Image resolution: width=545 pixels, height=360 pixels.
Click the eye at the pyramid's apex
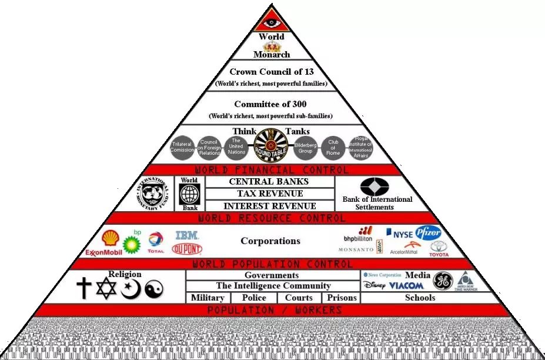(x=272, y=22)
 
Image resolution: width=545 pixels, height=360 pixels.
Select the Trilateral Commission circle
(x=182, y=146)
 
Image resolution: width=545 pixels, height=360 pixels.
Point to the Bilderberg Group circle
(x=305, y=146)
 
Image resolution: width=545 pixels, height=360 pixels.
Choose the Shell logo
(x=111, y=238)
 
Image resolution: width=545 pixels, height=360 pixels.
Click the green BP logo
(x=133, y=241)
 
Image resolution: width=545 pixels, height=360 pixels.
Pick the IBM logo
(x=186, y=235)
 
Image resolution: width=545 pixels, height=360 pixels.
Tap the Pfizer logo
(x=428, y=232)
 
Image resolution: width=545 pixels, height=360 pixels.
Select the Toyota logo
(x=439, y=249)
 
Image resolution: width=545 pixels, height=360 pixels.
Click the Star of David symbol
(x=107, y=288)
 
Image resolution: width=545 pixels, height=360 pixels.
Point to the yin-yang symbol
(x=153, y=289)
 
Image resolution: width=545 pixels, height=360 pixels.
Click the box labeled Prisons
(x=342, y=298)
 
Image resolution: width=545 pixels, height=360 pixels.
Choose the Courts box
(x=299, y=298)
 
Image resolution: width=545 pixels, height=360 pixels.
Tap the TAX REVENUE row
(x=270, y=194)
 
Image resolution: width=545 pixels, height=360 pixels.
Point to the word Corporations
(x=270, y=241)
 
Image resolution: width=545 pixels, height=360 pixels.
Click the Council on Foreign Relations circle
(x=209, y=146)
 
